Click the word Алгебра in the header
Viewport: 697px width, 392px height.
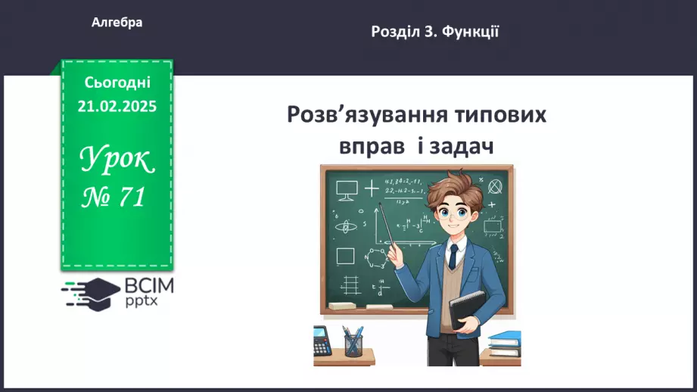tap(117, 23)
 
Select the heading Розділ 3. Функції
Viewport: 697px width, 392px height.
tap(434, 32)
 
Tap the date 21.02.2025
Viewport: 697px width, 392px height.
tap(117, 107)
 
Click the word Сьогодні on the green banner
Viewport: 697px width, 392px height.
tap(117, 82)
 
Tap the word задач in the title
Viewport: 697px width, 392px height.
tap(462, 145)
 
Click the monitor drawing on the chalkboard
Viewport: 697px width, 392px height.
tap(347, 189)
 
